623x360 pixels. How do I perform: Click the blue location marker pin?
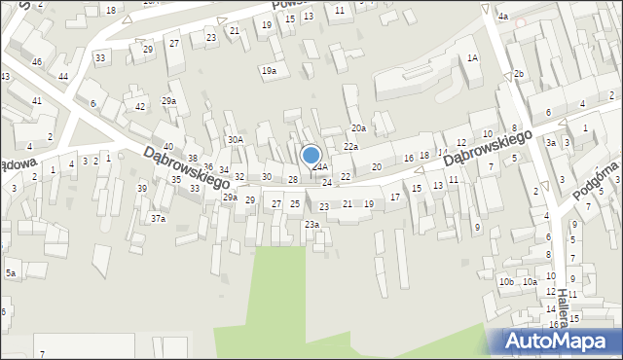click(311, 155)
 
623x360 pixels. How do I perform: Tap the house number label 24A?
click(319, 167)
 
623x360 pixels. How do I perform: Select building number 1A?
click(472, 58)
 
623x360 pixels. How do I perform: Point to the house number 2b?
click(519, 74)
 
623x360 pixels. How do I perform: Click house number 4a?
click(503, 17)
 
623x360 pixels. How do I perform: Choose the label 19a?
click(268, 70)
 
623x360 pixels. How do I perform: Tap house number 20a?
click(358, 128)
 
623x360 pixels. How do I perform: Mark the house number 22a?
click(350, 146)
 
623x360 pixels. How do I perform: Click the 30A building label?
click(235, 140)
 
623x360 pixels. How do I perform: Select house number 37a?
click(158, 219)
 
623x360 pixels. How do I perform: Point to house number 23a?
click(311, 225)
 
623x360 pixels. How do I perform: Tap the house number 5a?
click(10, 273)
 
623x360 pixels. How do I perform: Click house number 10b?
click(506, 282)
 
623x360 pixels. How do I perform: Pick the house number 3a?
click(550, 143)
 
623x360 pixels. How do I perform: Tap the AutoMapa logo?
click(563, 342)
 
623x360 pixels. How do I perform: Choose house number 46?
click(36, 62)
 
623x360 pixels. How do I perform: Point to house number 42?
click(140, 107)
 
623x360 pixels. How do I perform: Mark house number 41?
click(36, 101)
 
